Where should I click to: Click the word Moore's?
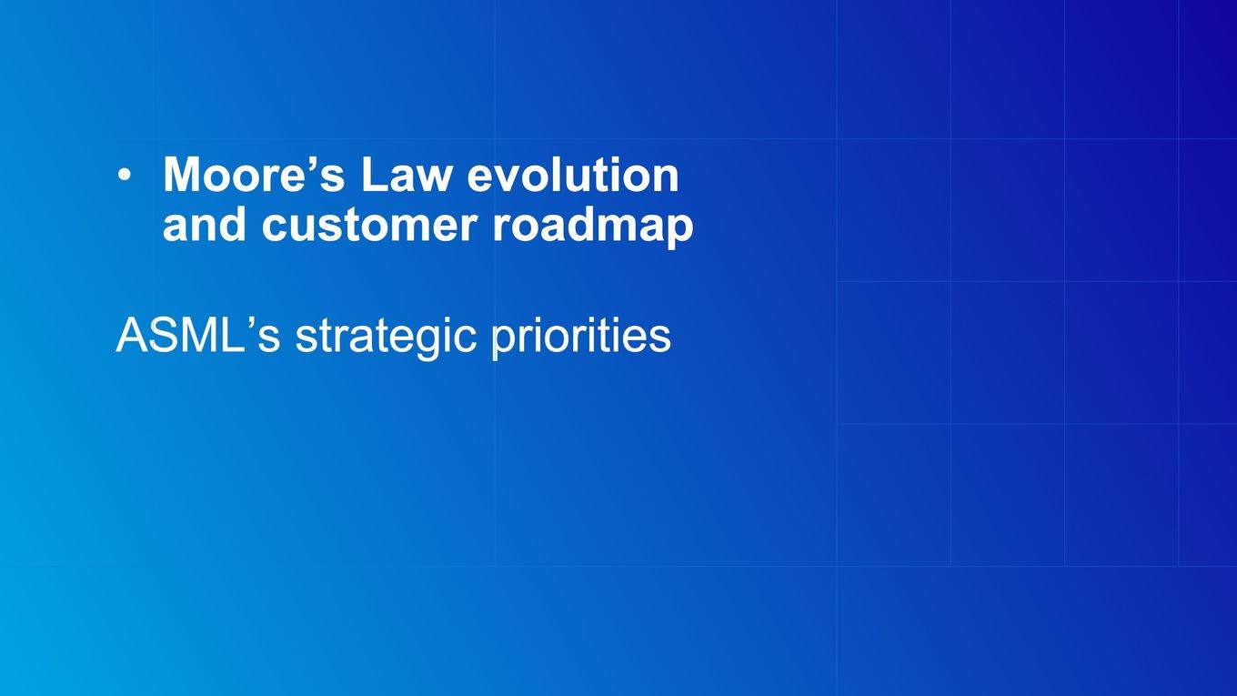point(254,174)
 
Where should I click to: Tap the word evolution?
point(573,174)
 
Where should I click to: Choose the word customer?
point(369,226)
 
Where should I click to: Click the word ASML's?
point(197,335)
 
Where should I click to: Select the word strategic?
point(386,338)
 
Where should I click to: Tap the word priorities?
point(581,337)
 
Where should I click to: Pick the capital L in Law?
point(375,174)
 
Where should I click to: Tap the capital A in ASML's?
point(131,336)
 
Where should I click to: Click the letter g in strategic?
point(431,344)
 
